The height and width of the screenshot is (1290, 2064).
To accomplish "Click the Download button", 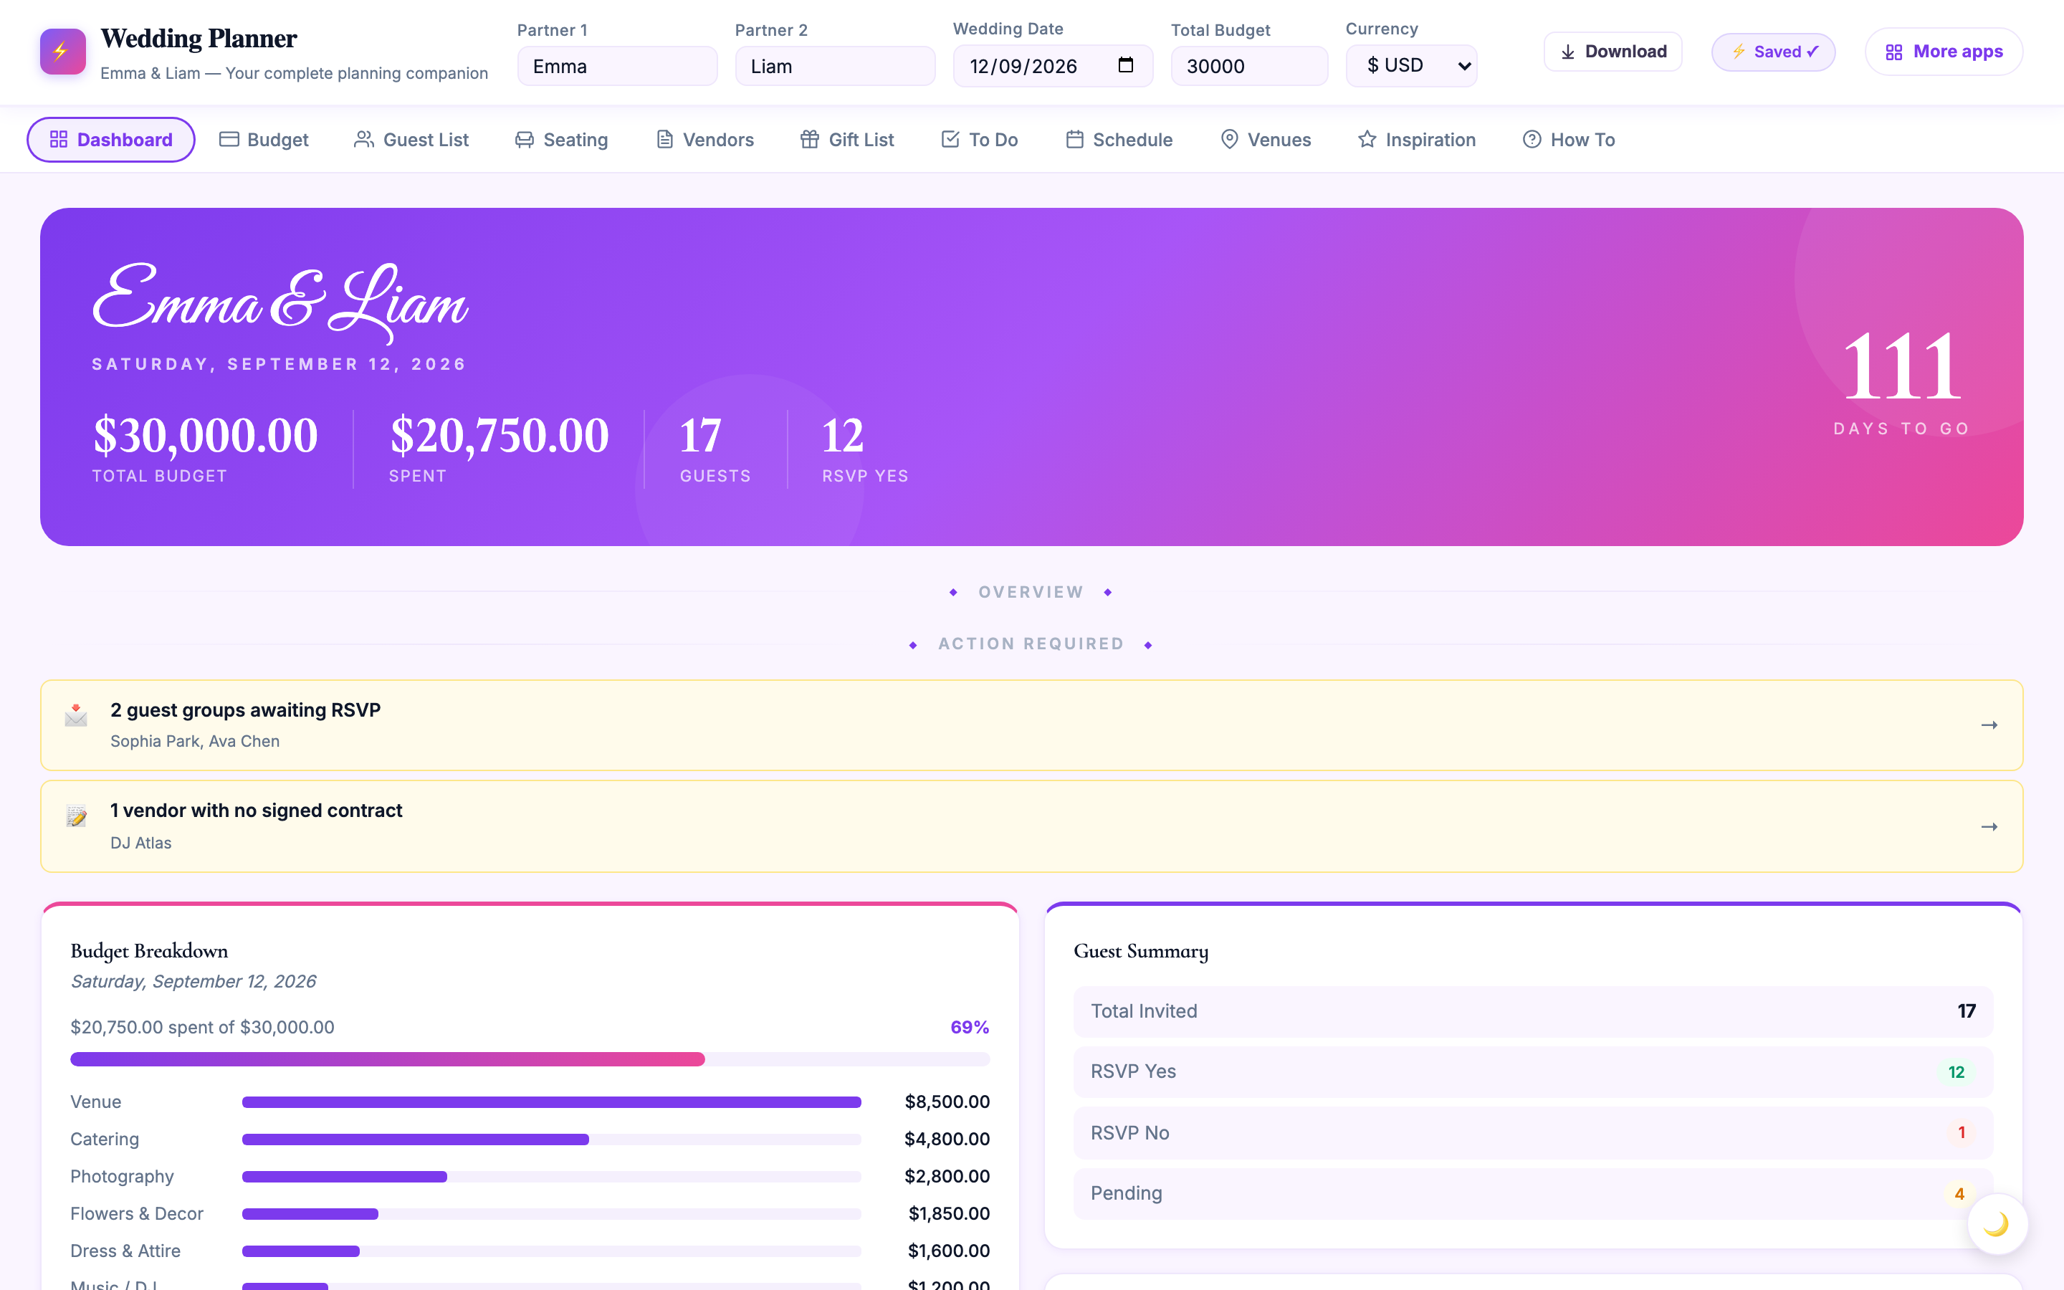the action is (x=1612, y=52).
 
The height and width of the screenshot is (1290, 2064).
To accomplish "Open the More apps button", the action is (x=1944, y=52).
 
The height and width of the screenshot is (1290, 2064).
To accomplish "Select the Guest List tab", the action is (x=411, y=140).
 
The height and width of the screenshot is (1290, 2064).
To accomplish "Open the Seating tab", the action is (x=561, y=140).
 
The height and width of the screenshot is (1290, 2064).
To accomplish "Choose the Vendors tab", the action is (x=704, y=140).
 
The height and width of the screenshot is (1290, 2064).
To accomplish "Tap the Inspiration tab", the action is (x=1417, y=140).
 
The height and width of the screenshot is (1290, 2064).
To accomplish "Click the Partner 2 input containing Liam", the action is (x=835, y=67).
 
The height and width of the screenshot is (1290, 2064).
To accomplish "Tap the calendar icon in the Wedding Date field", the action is (x=1126, y=64).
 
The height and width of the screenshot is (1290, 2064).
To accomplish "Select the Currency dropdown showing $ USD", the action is (x=1412, y=66).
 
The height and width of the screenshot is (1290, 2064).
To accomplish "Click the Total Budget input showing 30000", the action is (x=1249, y=67).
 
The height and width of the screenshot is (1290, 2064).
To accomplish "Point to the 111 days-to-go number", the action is (x=1902, y=367).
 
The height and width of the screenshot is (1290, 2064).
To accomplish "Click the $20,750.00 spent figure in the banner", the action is (x=500, y=435).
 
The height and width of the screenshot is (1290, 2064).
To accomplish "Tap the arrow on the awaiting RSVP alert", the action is (x=1989, y=725).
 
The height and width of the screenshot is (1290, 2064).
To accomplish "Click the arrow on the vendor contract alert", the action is (x=1989, y=827).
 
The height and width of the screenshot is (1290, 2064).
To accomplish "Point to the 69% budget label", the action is (x=970, y=1027).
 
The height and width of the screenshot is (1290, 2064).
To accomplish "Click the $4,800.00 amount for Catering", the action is (x=947, y=1139).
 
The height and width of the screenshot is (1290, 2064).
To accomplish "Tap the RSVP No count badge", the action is (x=1962, y=1133).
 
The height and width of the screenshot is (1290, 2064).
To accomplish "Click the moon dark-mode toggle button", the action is (x=1997, y=1224).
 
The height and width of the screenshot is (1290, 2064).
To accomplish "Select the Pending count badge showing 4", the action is (x=1959, y=1193).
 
